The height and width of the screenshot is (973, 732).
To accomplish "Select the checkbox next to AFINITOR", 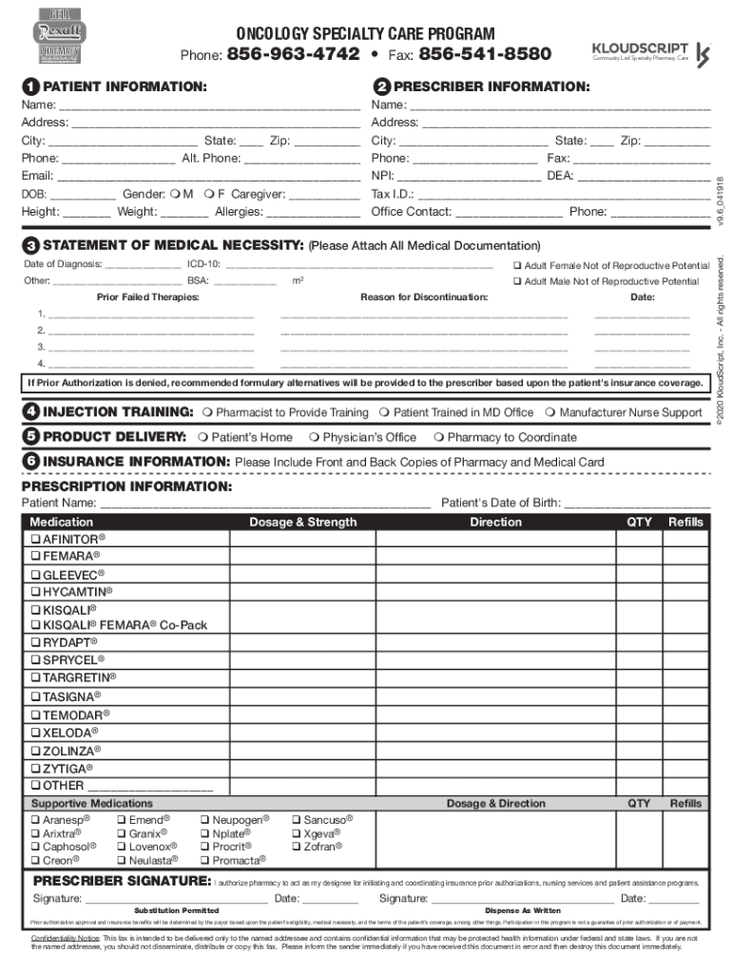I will pos(35,540).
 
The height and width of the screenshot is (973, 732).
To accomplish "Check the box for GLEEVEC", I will pos(35,575).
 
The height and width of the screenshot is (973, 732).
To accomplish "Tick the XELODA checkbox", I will pos(35,734).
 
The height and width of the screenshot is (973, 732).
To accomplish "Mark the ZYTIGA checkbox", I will pos(35,769).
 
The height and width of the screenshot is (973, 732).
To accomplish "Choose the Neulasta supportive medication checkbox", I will pos(121,861).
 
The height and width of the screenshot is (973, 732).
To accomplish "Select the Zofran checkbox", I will pos(297,847).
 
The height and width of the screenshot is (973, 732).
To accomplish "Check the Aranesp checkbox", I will pos(35,819).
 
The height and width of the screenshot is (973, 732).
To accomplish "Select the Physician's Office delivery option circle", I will pos(313,437).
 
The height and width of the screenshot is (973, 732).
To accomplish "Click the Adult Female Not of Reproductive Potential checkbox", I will pos(517,265).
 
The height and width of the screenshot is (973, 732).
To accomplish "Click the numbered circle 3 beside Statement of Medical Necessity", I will pos(31,246).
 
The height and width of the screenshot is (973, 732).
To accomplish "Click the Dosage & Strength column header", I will pos(302,522).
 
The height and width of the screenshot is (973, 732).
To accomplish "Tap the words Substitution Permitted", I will pos(176,910).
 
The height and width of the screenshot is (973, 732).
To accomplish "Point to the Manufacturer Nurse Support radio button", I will pos(549,413).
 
